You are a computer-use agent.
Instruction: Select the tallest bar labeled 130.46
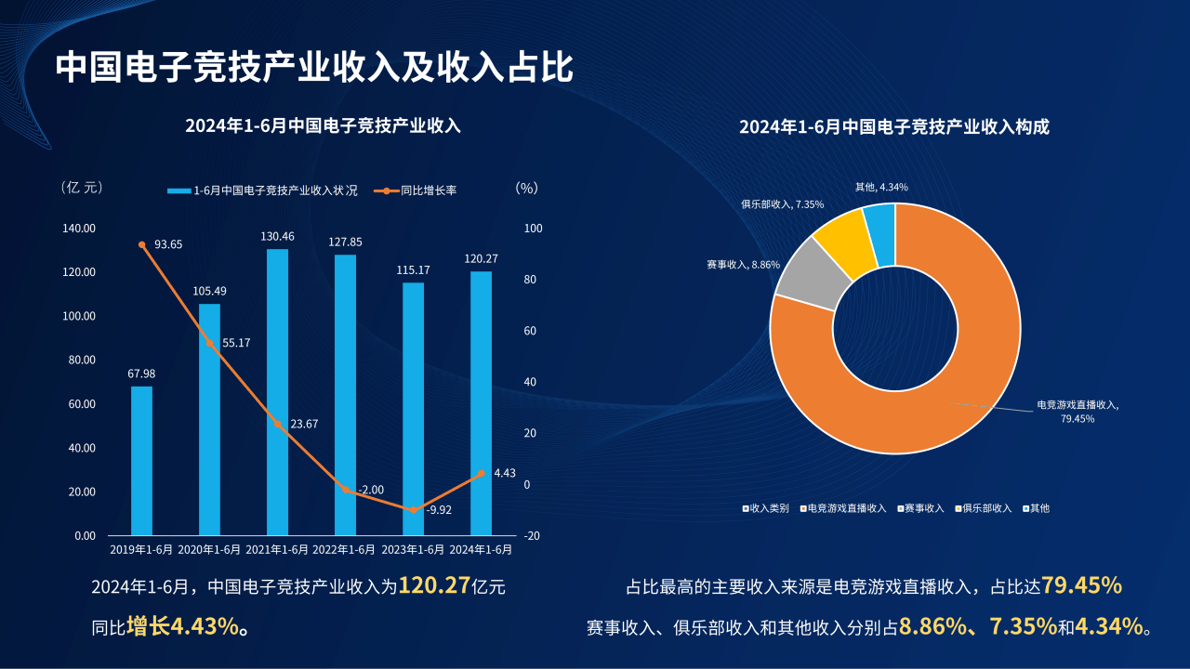click(x=277, y=391)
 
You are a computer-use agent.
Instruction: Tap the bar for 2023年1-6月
click(x=413, y=409)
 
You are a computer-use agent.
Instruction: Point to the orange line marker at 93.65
click(x=142, y=244)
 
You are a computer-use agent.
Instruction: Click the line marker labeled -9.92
click(x=413, y=510)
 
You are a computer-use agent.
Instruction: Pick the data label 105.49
click(x=209, y=291)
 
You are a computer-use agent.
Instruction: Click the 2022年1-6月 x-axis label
click(x=345, y=549)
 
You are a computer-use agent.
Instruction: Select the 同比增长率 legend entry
click(x=428, y=190)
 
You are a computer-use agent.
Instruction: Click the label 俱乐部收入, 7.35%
click(x=782, y=204)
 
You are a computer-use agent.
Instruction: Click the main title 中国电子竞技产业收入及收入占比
click(x=314, y=68)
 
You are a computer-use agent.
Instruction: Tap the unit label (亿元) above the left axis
click(x=82, y=188)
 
